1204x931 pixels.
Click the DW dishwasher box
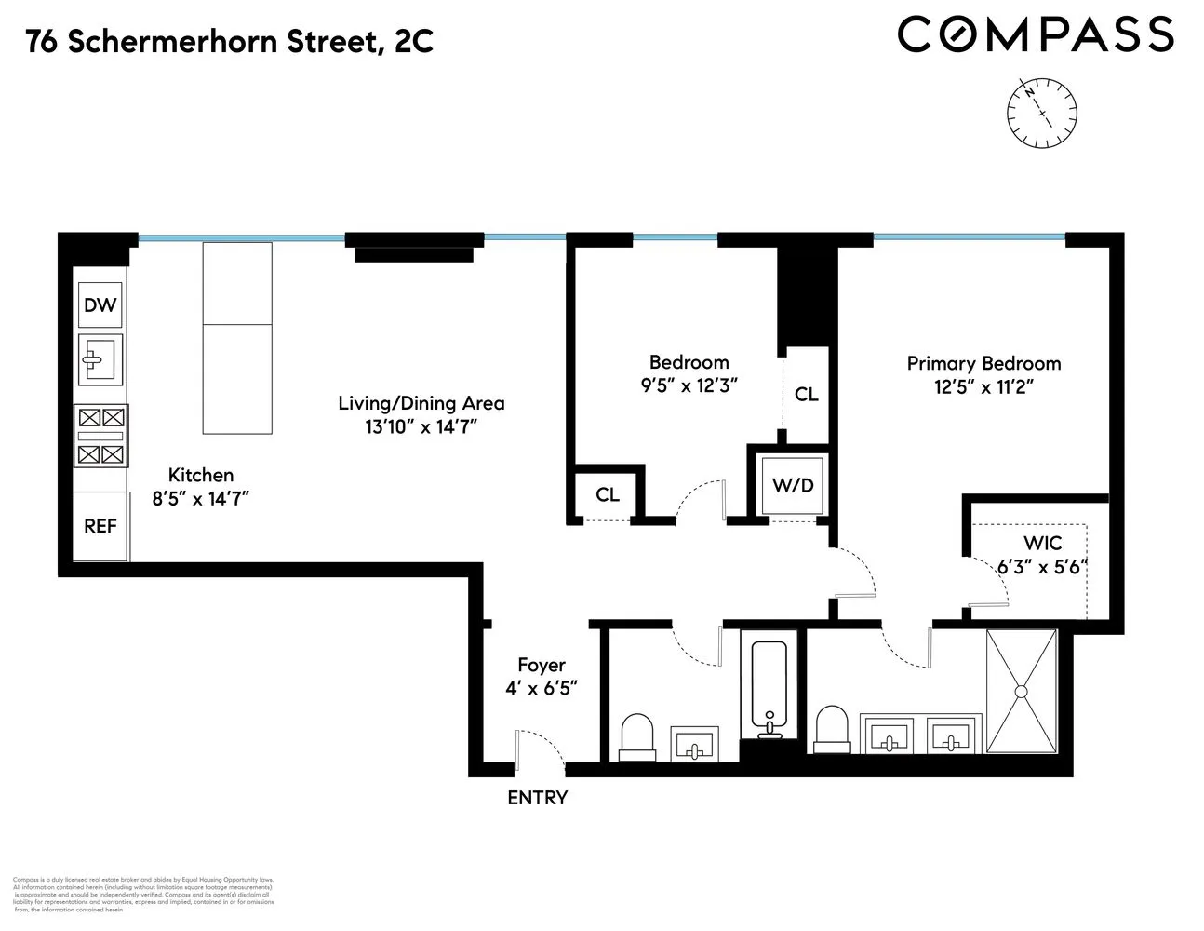[100, 305]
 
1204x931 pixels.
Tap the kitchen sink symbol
[100, 358]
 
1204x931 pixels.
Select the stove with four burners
[100, 436]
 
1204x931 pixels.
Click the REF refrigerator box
[100, 526]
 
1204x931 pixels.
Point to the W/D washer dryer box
[792, 485]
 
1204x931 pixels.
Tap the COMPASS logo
[1035, 35]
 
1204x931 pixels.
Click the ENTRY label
[537, 798]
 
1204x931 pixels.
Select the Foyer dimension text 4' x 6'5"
[542, 689]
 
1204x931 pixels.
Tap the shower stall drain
[1021, 692]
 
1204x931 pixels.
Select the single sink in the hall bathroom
[694, 744]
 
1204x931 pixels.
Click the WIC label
[1042, 543]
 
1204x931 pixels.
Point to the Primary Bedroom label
[983, 363]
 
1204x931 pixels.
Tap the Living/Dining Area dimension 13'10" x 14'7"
[421, 427]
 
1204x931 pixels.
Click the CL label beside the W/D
[806, 395]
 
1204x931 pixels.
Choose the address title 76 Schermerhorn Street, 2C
[230, 41]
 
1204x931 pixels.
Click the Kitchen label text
[200, 476]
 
